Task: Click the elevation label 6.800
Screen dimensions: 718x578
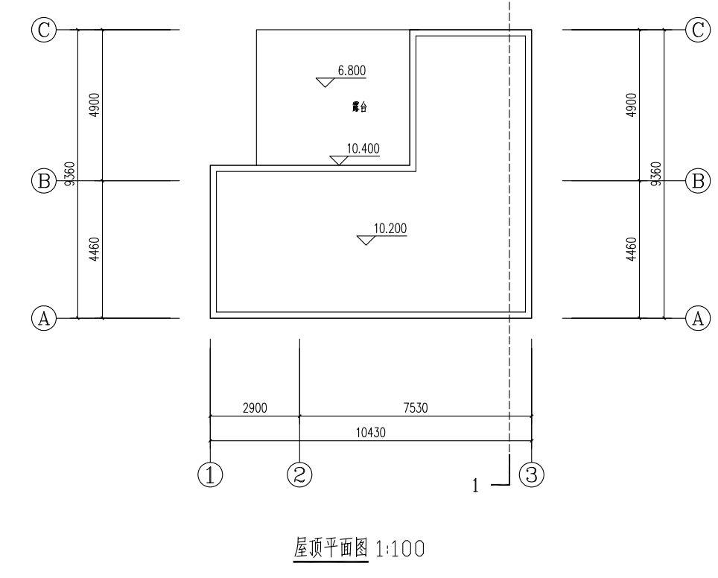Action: coord(352,71)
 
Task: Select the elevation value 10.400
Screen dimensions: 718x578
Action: coord(363,148)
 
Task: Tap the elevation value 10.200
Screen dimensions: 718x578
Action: coord(390,228)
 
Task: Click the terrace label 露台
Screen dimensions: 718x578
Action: coord(360,107)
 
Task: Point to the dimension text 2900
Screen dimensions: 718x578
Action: coord(255,407)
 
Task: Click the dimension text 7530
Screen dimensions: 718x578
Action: coord(416,407)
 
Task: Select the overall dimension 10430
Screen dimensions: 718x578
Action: coord(371,432)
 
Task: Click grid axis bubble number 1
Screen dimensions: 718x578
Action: coord(210,474)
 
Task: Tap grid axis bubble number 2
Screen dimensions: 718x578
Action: coord(299,474)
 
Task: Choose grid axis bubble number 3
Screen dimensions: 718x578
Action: coord(532,474)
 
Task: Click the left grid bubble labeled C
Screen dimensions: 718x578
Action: coord(44,31)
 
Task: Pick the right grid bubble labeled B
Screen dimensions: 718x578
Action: coord(698,181)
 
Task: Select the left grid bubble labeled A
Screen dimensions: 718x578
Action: coord(44,318)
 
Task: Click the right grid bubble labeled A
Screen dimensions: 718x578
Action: coord(698,318)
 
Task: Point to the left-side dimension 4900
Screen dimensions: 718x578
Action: coord(95,105)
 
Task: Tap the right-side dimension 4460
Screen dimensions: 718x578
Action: coord(632,250)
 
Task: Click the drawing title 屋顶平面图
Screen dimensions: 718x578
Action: coord(331,547)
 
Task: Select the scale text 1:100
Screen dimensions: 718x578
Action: coord(400,549)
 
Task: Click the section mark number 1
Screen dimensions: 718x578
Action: coord(475,486)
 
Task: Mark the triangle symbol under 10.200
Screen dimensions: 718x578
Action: coord(366,240)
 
